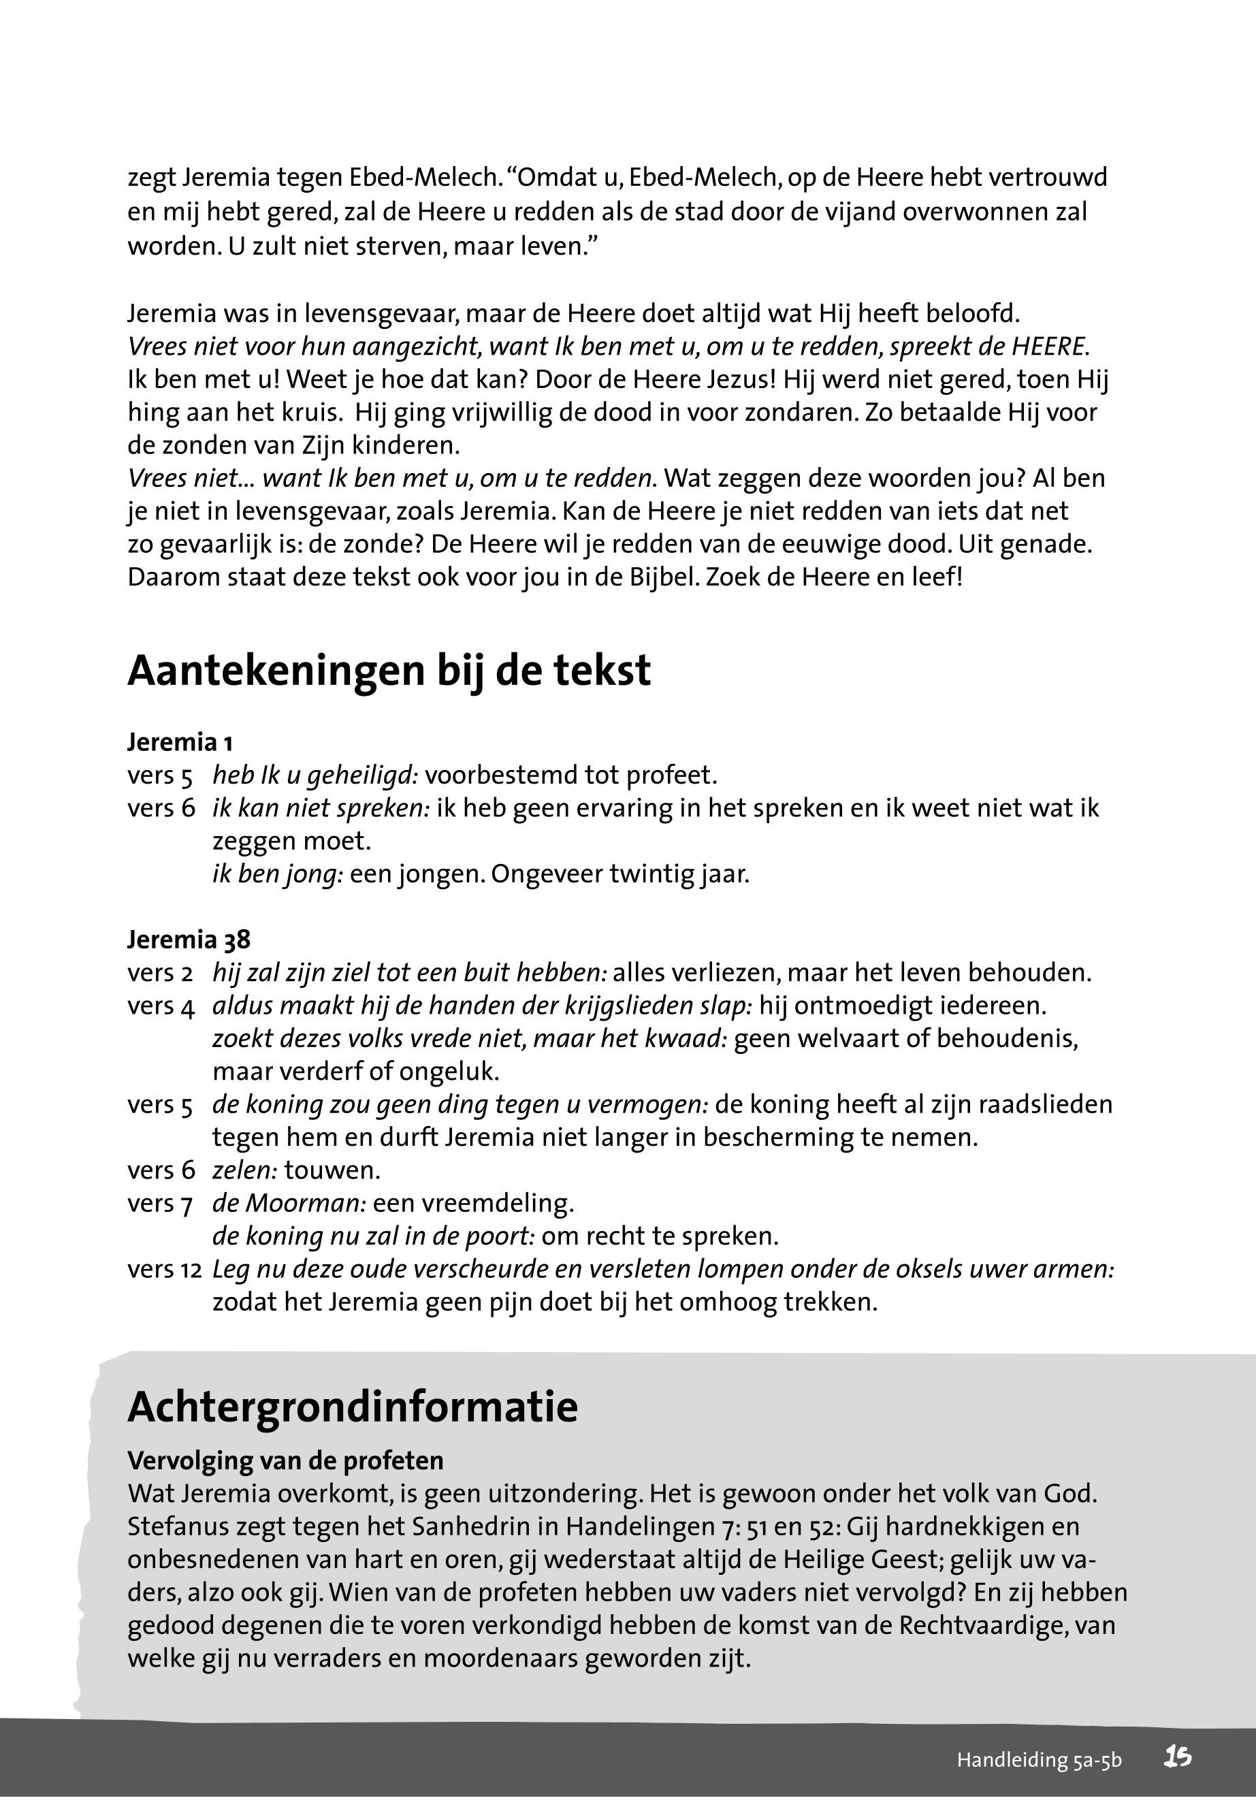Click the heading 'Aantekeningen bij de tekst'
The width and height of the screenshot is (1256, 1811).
389,671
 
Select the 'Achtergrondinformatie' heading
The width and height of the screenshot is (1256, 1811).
353,1406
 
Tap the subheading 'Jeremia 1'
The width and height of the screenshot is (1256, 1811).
180,741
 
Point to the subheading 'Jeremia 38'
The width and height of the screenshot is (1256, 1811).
189,939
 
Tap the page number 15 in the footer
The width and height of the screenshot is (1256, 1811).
1178,1757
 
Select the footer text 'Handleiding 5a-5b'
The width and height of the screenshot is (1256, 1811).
1039,1760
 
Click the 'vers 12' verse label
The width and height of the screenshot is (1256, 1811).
165,1269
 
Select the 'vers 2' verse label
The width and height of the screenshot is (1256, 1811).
160,973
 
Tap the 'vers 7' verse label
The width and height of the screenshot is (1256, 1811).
160,1204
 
